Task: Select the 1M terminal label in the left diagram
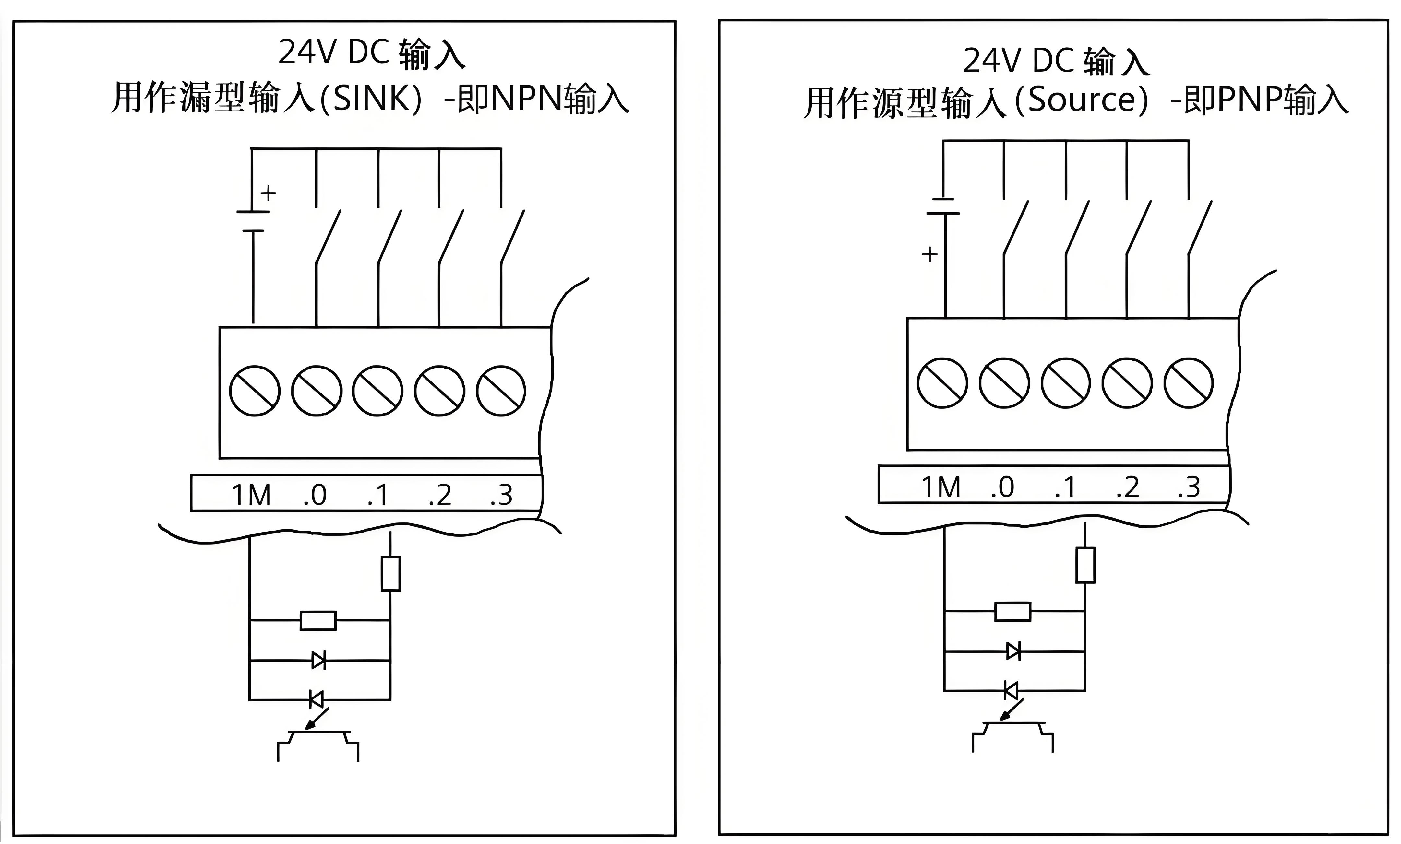click(x=251, y=495)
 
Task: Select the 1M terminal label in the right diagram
click(x=941, y=487)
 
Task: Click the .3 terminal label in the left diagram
click(x=501, y=495)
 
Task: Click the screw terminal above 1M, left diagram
click(x=254, y=391)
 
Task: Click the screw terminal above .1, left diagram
click(x=377, y=391)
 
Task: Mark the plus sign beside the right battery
click(x=929, y=254)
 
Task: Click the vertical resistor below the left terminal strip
click(x=390, y=573)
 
